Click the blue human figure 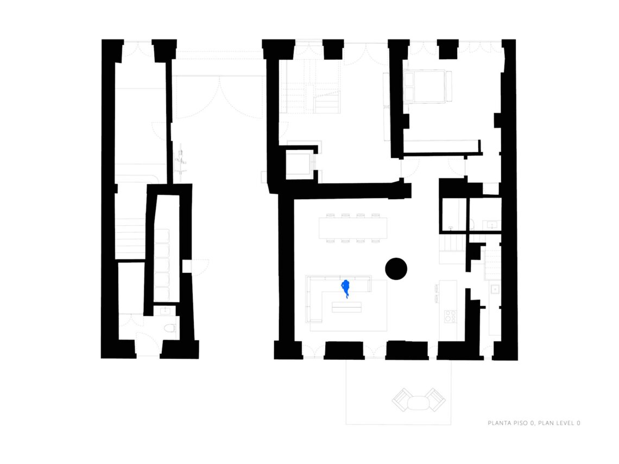345,288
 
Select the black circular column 396,269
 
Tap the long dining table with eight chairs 353,228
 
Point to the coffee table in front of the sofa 346,307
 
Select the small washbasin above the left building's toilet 165,311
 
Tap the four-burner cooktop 450,316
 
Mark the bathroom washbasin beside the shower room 492,225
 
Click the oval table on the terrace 419,403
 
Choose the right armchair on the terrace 435,399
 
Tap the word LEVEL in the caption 565,423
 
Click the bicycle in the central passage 181,159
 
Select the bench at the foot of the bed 449,86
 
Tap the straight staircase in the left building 130,239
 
